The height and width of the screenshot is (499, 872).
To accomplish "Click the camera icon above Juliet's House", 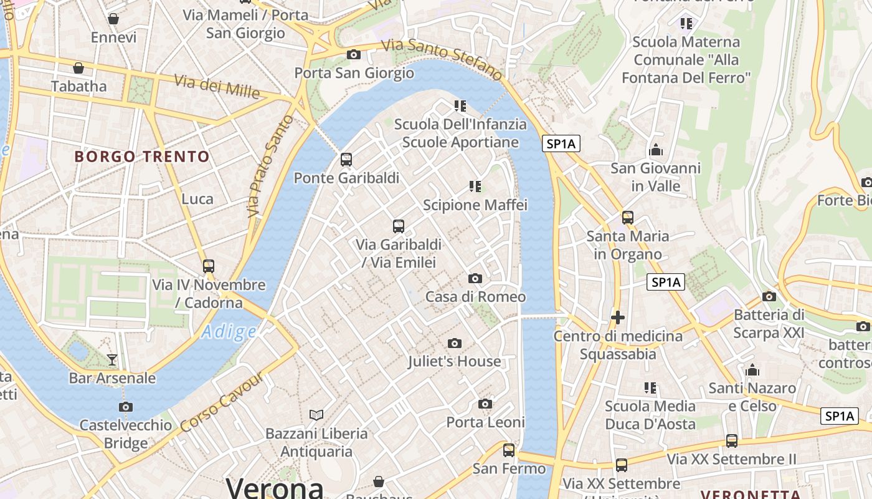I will pos(455,343).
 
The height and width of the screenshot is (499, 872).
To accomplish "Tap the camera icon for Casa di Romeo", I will pos(475,278).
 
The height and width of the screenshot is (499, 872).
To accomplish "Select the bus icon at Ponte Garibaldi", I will pos(346,160).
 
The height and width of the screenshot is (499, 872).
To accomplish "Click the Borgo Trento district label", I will pos(142,156).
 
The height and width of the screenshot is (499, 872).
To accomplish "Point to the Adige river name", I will pos(229,332).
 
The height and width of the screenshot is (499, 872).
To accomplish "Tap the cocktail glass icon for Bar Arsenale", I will pos(112,359).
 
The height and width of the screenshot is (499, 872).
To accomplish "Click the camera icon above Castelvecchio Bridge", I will pos(126,407).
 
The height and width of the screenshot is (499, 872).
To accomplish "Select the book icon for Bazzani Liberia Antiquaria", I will pos(316,415).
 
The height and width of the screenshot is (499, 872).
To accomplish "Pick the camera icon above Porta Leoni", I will pos(485,404).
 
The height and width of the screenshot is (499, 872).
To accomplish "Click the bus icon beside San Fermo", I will pos(509,450).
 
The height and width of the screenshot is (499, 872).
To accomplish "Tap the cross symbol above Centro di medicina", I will pos(617,317).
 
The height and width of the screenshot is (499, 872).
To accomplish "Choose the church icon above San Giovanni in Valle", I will pos(655,150).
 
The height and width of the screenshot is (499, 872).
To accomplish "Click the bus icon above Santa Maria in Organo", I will pos(627,218).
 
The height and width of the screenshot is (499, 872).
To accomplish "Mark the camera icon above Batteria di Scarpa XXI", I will pos(769,296).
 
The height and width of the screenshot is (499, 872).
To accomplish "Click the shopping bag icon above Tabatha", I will pos(78,67).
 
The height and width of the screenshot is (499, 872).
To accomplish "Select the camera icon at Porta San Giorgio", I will pos(354,54).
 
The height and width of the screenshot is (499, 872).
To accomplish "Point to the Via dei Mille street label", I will pos(217,86).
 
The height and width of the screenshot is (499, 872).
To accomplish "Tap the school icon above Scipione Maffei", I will pos(475,186).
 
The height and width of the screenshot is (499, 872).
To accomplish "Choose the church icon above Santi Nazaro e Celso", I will pos(752,370).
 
